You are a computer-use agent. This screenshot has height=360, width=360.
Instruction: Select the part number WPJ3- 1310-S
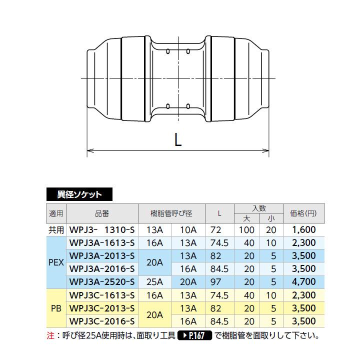[102, 230]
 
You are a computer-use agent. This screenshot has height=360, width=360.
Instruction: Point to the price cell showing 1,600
[303, 230]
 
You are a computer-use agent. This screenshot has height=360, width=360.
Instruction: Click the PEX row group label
[56, 262]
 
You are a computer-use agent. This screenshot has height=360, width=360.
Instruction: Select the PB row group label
[56, 308]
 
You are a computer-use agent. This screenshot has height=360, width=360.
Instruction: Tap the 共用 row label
[56, 230]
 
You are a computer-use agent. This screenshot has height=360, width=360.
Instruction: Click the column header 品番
[101, 213]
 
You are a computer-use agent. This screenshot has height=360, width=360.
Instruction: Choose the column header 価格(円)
[303, 213]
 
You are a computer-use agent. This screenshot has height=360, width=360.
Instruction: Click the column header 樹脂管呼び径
[171, 213]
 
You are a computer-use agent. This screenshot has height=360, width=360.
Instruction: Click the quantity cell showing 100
[246, 230]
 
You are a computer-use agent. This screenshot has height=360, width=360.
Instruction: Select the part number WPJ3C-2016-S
[102, 321]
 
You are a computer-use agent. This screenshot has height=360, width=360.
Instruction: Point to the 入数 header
[258, 208]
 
